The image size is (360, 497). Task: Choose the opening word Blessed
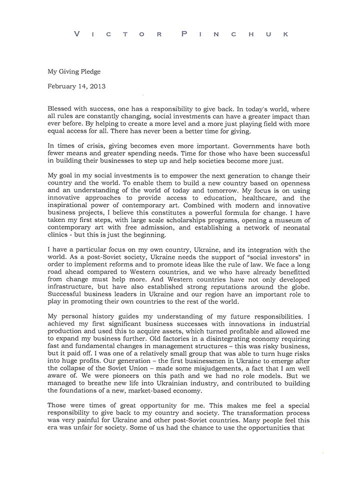click(60, 108)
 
